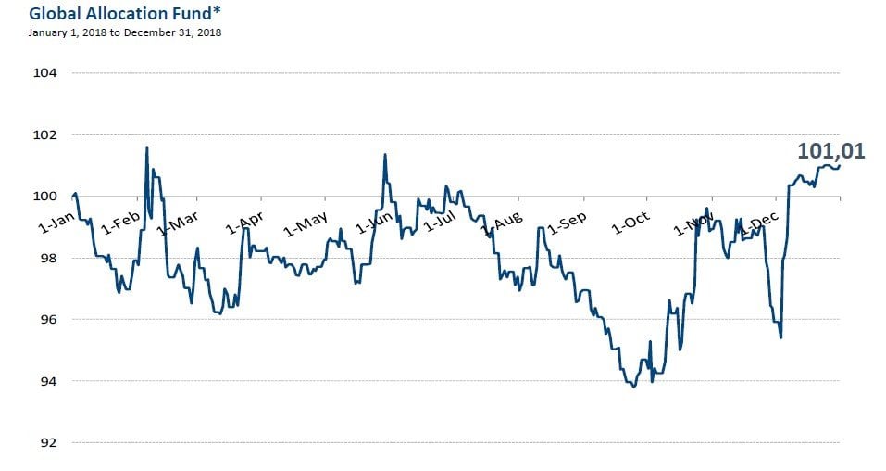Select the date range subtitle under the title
click(x=125, y=32)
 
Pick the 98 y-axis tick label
click(x=45, y=258)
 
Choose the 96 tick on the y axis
click(x=45, y=319)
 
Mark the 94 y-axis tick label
click(x=45, y=381)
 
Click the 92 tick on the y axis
click(x=45, y=442)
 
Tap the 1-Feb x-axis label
click(x=119, y=223)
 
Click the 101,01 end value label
click(x=830, y=150)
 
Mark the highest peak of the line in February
click(x=146, y=148)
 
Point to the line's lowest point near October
click(x=633, y=387)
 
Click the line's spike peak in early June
click(x=384, y=155)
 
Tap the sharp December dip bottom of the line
click(x=780, y=337)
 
